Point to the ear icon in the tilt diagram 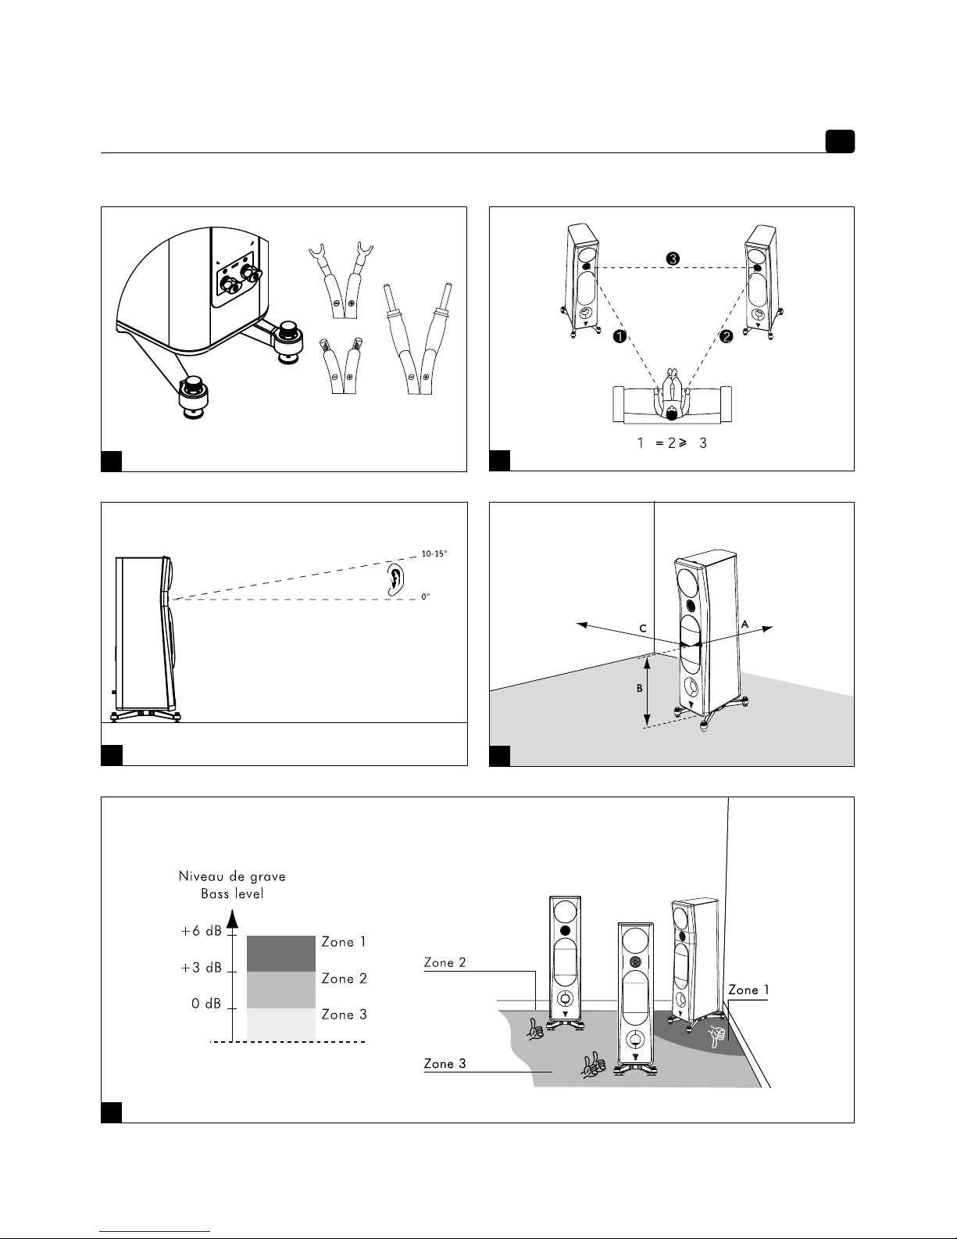397,578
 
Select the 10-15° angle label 434,553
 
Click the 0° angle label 426,596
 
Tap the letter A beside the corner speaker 745,624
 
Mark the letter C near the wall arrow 641,628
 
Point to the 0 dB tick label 207,1004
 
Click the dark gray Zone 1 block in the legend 280,954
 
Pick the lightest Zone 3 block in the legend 280,1023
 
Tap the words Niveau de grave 232,876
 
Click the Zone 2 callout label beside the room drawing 445,963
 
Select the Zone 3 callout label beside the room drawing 445,1063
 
